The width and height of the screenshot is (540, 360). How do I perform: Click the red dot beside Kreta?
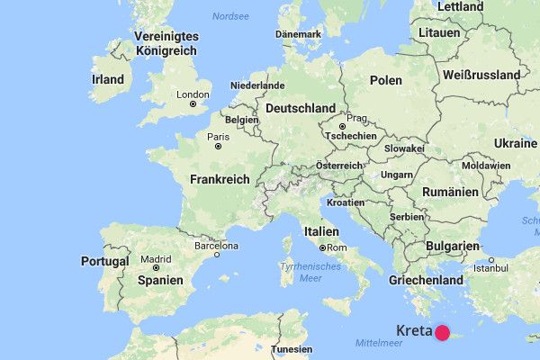pyautogui.click(x=442, y=333)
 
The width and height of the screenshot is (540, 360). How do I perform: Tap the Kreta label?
pyautogui.click(x=413, y=331)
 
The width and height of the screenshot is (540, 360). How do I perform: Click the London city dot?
pyautogui.click(x=193, y=104)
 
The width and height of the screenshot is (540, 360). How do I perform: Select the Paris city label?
pyautogui.click(x=218, y=137)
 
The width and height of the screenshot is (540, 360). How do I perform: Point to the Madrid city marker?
pyautogui.click(x=157, y=266)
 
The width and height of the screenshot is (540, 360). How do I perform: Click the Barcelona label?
pyautogui.click(x=216, y=246)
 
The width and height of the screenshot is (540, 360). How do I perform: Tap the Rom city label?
pyautogui.click(x=337, y=247)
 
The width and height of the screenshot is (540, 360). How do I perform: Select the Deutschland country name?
pyautogui.click(x=301, y=108)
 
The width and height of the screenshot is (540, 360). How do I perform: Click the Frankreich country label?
pyautogui.click(x=220, y=180)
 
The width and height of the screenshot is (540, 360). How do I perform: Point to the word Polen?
pyautogui.click(x=386, y=80)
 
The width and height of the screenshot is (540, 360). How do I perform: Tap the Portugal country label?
pyautogui.click(x=105, y=261)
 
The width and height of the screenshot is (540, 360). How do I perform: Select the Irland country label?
pyautogui.click(x=107, y=79)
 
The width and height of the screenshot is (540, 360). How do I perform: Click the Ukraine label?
pyautogui.click(x=514, y=144)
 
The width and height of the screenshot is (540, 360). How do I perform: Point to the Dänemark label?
pyautogui.click(x=298, y=34)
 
